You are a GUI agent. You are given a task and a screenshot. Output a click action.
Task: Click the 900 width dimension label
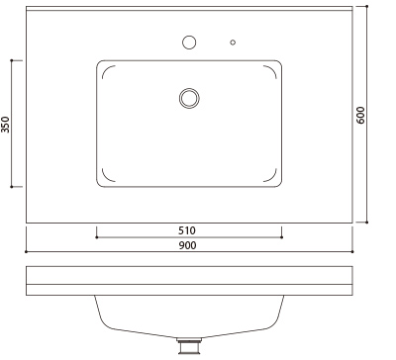pyautogui.click(x=188, y=247)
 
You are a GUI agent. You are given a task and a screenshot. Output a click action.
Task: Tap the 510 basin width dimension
pyautogui.click(x=188, y=230)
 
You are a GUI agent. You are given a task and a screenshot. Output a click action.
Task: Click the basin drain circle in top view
pyautogui.click(x=189, y=97)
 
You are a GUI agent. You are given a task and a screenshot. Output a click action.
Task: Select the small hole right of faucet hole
pyautogui.click(x=233, y=43)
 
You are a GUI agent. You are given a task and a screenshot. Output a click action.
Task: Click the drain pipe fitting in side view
pyautogui.click(x=187, y=346)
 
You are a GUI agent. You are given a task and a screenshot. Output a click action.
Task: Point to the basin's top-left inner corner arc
pyautogui.click(x=107, y=71)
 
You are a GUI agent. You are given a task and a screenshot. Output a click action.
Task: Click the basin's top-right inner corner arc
pyautogui.click(x=271, y=71)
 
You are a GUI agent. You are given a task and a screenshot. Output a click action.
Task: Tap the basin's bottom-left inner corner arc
pyautogui.click(x=107, y=178)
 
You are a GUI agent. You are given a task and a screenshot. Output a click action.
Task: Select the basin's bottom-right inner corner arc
pyautogui.click(x=271, y=178)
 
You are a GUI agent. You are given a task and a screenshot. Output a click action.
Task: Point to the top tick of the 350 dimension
pyautogui.click(x=11, y=60)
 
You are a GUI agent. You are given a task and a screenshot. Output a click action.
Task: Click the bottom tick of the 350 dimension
pyautogui.click(x=11, y=187)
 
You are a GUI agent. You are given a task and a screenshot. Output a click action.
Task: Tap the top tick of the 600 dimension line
pyautogui.click(x=367, y=6)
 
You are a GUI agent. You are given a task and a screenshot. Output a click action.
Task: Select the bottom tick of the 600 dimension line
pyautogui.click(x=367, y=223)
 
